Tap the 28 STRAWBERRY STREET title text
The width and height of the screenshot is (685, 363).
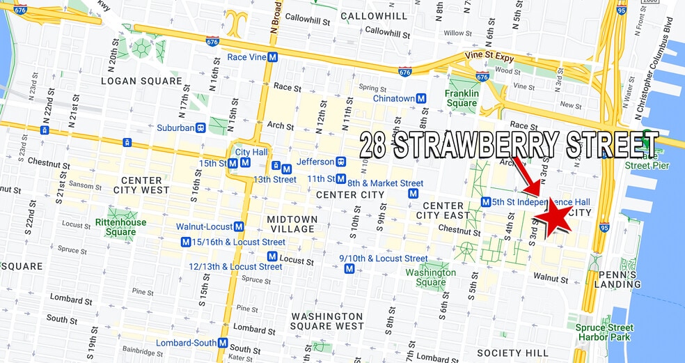tap(509, 146)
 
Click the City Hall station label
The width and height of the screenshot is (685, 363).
tap(251, 152)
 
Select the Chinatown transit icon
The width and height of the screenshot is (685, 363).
tap(421, 99)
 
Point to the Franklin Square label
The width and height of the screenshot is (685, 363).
tap(462, 98)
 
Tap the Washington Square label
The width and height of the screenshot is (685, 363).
tap(431, 277)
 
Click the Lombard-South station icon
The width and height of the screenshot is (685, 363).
tap(223, 343)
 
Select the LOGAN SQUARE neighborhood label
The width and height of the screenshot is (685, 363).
tap(142, 81)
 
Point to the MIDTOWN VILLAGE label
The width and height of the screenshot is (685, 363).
tap(292, 224)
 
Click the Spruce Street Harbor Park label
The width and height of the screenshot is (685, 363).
tap(605, 332)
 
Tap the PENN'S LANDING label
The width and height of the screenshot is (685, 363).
tap(617, 279)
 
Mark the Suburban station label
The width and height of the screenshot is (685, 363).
tap(175, 128)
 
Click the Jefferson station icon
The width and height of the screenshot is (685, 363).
tap(341, 162)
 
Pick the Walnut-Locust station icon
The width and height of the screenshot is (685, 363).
tap(239, 226)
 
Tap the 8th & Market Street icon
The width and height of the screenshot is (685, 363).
tap(414, 193)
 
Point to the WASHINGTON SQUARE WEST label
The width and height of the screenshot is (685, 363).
tap(327, 321)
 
